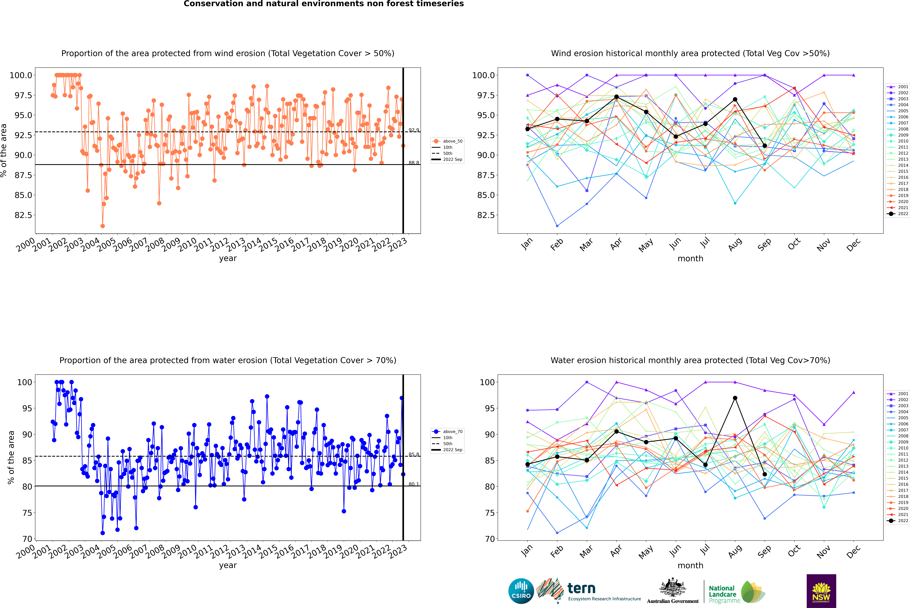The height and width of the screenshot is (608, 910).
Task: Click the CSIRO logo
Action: coord(521,591)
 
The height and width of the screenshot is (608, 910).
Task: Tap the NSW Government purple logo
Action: coord(821,591)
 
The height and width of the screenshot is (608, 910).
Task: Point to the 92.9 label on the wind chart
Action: coord(413,130)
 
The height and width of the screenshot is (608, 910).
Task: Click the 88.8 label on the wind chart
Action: coord(413,163)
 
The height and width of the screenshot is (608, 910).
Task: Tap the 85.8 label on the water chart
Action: coord(413,454)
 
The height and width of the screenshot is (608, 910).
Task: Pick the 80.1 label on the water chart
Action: coord(413,484)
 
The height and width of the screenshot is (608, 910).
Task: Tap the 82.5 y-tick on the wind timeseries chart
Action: coord(23,215)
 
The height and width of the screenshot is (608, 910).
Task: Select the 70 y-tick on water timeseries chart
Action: coord(27,539)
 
